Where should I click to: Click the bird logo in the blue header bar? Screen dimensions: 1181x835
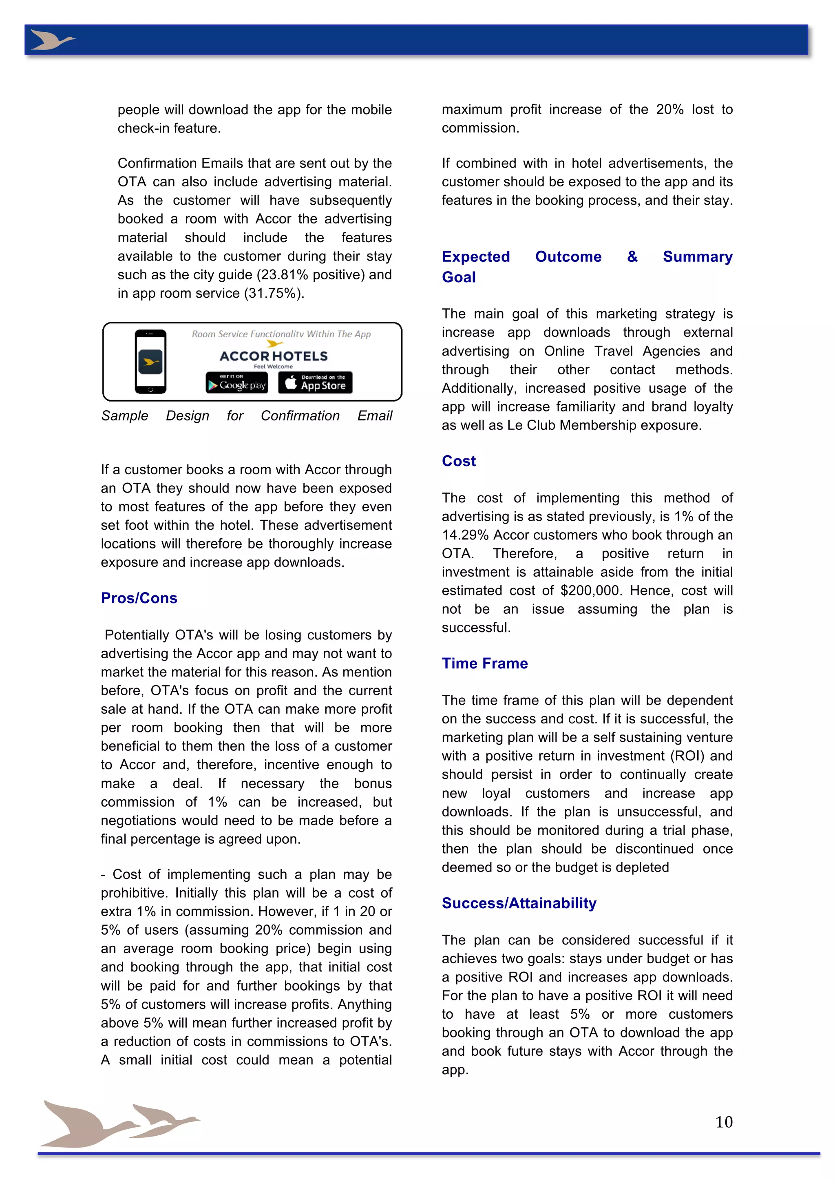[51, 40]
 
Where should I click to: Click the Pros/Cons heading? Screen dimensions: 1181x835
[139, 598]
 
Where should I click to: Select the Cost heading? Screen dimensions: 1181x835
[459, 461]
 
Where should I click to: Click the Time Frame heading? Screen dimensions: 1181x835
[484, 663]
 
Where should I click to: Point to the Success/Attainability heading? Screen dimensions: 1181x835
[519, 903]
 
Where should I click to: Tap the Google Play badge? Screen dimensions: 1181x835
[237, 383]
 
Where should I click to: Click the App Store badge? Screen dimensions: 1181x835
[315, 383]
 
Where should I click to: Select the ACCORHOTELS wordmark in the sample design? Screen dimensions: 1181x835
[274, 356]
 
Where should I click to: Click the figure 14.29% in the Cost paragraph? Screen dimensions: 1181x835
[465, 535]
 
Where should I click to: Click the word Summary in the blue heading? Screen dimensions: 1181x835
[697, 257]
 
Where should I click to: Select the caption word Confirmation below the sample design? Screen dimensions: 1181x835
[300, 416]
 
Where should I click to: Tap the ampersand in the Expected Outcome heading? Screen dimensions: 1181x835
[632, 257]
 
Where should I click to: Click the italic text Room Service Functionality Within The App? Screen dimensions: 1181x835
[281, 334]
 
